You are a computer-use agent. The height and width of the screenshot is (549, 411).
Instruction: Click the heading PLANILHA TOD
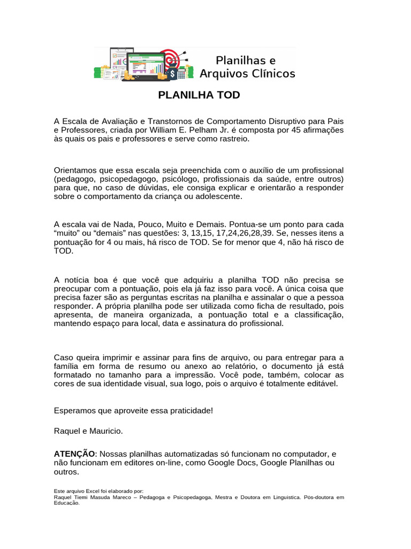tap(199, 95)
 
